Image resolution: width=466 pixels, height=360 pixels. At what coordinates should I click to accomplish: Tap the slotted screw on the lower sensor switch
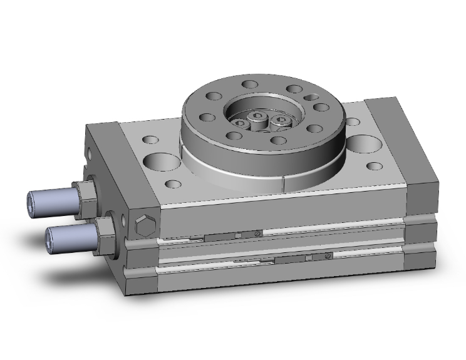click(329, 257)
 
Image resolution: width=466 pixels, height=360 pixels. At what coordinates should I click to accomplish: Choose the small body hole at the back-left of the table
click(150, 139)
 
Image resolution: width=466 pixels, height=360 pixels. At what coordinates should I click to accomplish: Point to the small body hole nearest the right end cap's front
click(375, 166)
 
